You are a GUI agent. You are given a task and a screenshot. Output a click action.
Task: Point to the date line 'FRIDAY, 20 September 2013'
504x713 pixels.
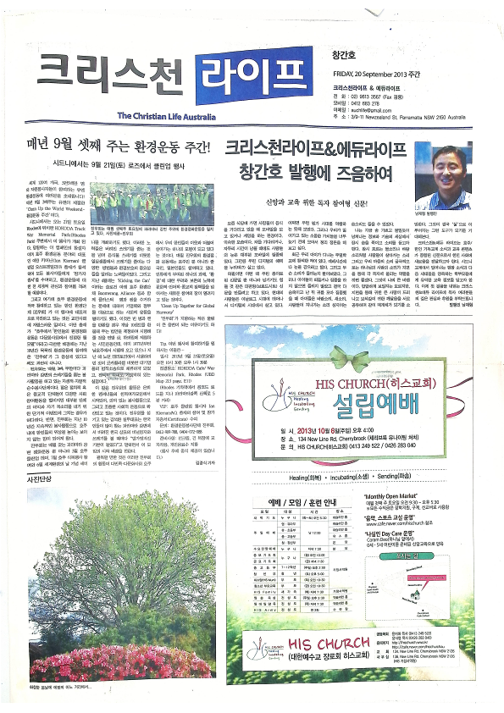(370, 73)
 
